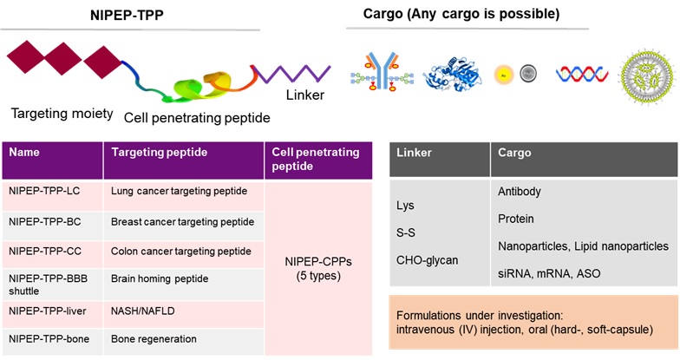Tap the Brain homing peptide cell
tap(156, 280)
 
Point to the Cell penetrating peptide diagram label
tap(197, 118)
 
